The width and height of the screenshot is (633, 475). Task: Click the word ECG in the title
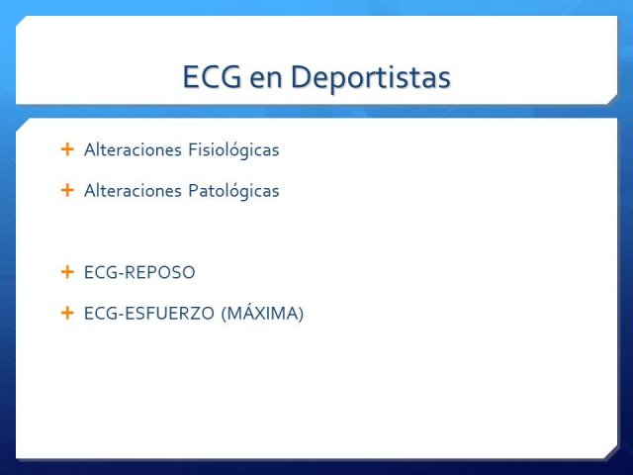[213, 76]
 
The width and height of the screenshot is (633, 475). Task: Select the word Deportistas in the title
[371, 76]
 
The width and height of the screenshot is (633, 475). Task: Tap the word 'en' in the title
[266, 79]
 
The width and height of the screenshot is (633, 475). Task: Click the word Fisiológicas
[233, 149]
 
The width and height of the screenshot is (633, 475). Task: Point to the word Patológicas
[233, 191]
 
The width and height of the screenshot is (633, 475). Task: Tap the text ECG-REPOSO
[139, 272]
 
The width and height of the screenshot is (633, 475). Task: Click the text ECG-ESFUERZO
[149, 314]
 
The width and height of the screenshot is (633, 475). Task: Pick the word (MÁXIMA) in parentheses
[262, 313]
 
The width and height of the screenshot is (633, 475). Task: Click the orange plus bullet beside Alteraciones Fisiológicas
[67, 149]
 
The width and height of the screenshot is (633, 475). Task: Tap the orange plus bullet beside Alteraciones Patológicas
[67, 190]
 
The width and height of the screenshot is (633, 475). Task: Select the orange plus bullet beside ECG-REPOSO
[67, 272]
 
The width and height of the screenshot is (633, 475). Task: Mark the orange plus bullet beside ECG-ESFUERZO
[67, 313]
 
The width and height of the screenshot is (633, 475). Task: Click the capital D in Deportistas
[301, 76]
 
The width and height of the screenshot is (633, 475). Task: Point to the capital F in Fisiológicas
[193, 149]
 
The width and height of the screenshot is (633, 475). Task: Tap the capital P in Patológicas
[194, 191]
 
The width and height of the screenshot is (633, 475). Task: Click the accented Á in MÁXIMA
[249, 313]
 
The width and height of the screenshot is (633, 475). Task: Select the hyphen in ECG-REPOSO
[120, 274]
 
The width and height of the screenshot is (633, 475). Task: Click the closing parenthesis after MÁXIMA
[301, 314]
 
